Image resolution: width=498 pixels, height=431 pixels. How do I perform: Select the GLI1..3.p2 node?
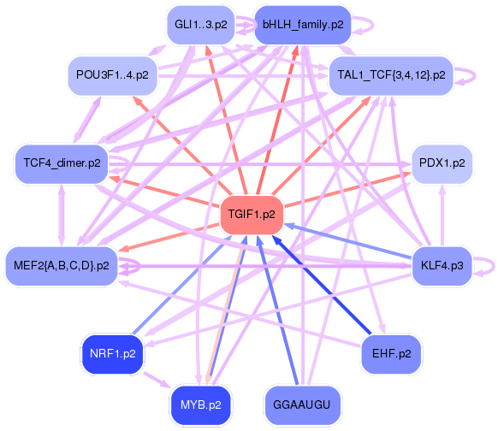pyautogui.click(x=201, y=25)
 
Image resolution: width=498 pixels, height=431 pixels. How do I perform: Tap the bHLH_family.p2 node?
pyautogui.click(x=303, y=25)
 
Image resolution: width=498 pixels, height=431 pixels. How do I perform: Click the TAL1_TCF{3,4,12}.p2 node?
pyautogui.click(x=391, y=75)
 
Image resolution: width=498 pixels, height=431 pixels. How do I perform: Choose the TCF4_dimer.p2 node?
pyautogui.click(x=62, y=162)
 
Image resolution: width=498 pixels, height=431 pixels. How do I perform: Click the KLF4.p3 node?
pyautogui.click(x=442, y=266)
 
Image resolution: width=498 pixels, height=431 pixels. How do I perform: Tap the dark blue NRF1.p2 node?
pyautogui.click(x=112, y=351)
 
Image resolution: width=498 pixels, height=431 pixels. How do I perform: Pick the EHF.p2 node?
pyautogui.click(x=392, y=352)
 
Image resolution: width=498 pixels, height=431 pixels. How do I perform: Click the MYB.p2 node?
pyautogui.click(x=201, y=403)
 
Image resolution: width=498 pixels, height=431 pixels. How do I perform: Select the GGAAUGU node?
pyautogui.click(x=303, y=403)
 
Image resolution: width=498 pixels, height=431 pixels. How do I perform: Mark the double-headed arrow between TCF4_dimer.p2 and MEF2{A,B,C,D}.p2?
pyautogui.click(x=61, y=214)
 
